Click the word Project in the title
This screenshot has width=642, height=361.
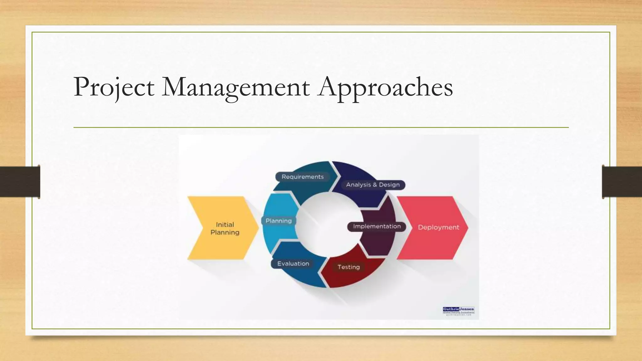pos(114,87)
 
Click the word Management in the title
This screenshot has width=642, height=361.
pos(236,87)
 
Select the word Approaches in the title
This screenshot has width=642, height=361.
pos(385,87)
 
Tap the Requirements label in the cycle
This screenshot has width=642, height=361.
pos(303,177)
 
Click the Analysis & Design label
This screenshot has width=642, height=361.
pos(373,185)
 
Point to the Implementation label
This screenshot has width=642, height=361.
pos(377,226)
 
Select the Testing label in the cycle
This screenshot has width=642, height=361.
pos(348,267)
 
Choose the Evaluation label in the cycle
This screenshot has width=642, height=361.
pos(293,264)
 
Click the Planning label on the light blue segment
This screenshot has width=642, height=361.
pos(278,221)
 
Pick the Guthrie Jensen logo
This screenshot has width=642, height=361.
pos(459,311)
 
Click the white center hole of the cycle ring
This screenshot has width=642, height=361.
pos(328,224)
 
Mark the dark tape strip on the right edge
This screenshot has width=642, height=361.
pos(622,182)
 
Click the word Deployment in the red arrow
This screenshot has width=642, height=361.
pos(438,227)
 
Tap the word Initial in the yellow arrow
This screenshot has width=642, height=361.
pos(225,224)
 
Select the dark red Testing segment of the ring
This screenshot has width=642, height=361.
pos(351,277)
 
